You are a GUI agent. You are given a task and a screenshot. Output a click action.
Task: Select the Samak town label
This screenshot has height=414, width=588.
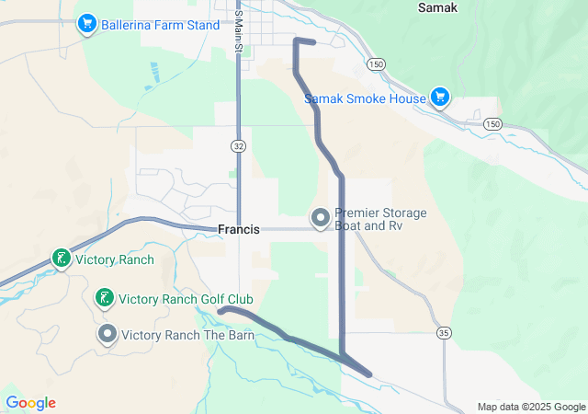pos(436,7)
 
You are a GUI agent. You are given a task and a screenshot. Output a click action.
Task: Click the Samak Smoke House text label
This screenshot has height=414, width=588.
pos(366,98)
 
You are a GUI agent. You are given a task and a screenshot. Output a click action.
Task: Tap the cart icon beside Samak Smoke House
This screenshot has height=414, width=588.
pos(440,97)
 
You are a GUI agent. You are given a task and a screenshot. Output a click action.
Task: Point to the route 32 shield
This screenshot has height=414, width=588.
pos(238,145)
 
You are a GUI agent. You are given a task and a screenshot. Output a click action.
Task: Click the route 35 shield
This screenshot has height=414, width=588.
pos(445,332)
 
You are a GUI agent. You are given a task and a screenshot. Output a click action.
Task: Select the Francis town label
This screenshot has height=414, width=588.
pos(240,230)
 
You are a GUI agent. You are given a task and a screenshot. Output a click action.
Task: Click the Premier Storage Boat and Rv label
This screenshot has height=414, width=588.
pos(380,219)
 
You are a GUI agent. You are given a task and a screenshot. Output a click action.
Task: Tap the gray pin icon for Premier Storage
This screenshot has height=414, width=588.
pos(321,218)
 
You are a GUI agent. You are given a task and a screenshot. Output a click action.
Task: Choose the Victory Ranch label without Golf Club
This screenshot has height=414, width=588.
pos(115,259)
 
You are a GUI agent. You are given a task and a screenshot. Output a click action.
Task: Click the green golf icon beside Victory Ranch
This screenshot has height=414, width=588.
pos(61,259)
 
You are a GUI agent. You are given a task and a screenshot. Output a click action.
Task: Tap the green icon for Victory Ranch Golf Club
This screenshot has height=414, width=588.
pos(105,298)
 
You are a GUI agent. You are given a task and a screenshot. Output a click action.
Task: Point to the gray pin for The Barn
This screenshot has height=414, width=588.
pos(107,334)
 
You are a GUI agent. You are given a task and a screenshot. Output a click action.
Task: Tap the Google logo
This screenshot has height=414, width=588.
pos(30,403)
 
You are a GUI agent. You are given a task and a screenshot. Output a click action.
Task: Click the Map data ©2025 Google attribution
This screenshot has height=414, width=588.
pos(530,407)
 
